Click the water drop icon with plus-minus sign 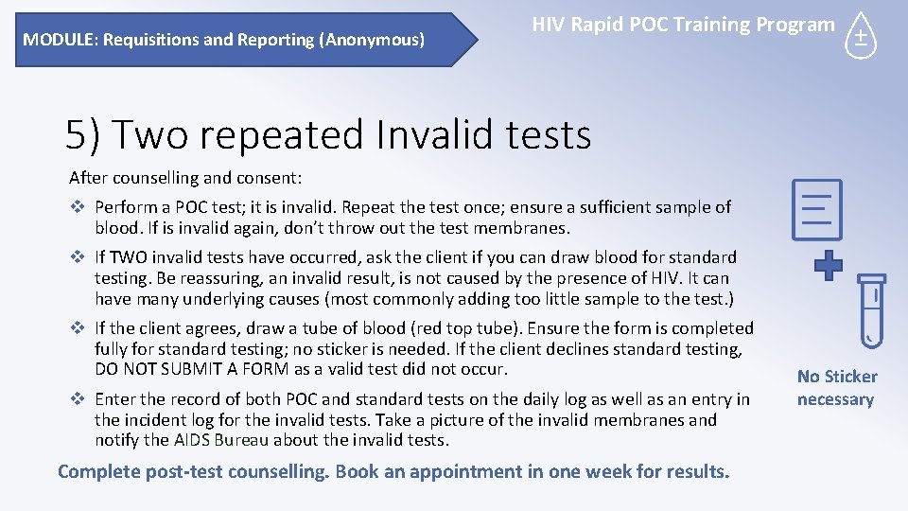pos(861,37)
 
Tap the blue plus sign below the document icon pos(828,265)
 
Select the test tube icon pos(871,308)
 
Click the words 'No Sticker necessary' pos(836,388)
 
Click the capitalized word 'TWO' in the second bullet pos(132,257)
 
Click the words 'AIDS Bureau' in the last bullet pos(221,440)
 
